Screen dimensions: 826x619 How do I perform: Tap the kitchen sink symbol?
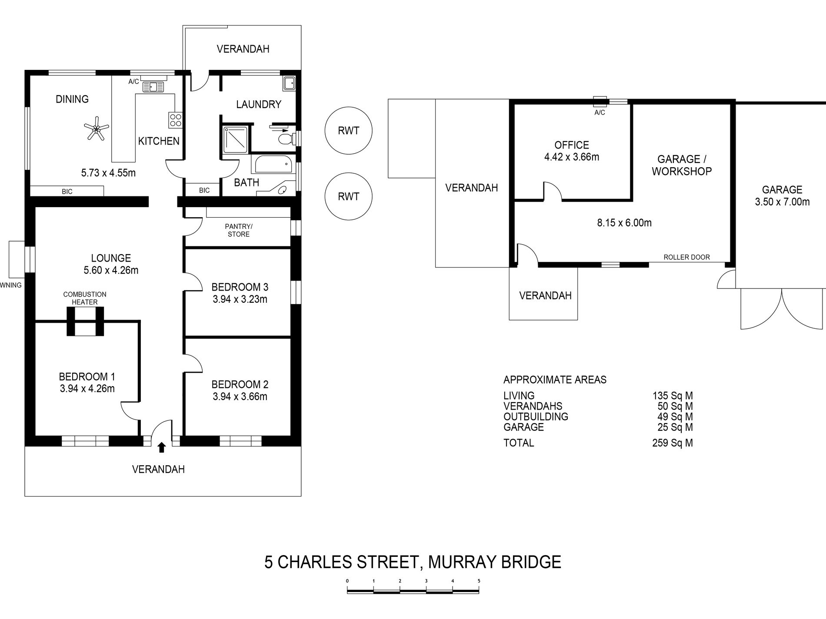pos(153,87)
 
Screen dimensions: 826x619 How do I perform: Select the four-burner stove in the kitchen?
pos(176,119)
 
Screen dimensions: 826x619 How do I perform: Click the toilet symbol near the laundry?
pos(287,139)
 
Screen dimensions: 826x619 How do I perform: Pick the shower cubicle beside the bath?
pos(236,140)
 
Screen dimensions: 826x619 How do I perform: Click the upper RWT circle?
pos(349,130)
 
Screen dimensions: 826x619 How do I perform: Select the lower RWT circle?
pos(349,196)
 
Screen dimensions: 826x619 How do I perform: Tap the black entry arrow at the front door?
pos(162,447)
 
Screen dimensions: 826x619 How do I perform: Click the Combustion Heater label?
pos(85,298)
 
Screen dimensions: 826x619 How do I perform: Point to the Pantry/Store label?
pos(239,230)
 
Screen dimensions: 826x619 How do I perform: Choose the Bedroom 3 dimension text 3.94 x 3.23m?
pos(240,299)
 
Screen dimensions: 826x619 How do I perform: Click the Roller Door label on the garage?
pos(686,257)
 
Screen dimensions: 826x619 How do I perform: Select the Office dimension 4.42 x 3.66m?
pos(572,157)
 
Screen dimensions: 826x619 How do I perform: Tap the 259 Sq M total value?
pos(672,443)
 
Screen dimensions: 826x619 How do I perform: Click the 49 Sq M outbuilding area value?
pos(675,417)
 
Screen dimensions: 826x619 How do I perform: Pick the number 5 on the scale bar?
pos(479,581)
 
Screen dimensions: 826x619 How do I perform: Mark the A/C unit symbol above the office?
pos(600,102)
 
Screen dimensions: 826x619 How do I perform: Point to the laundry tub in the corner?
pos(290,83)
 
